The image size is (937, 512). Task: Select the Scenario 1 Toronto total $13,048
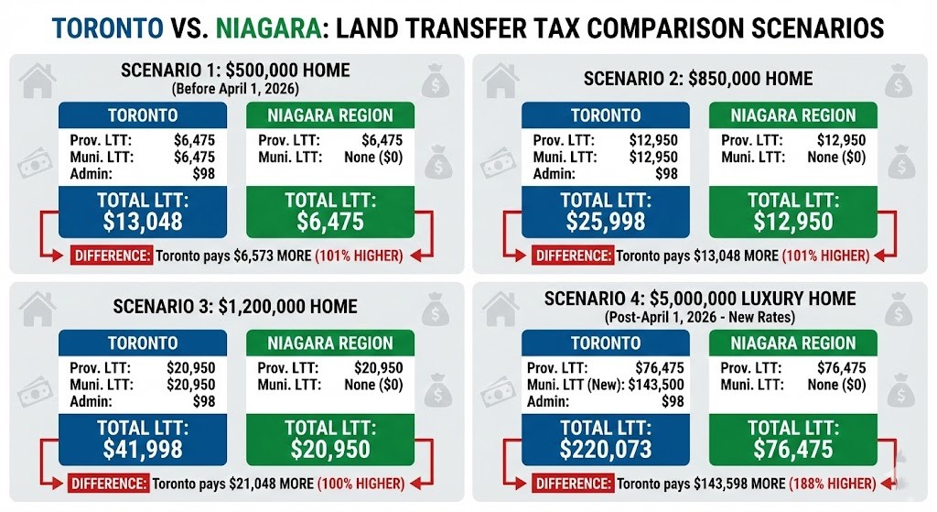tap(143, 222)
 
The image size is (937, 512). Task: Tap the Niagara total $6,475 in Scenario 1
tap(330, 222)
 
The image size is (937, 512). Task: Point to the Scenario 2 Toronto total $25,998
tap(606, 222)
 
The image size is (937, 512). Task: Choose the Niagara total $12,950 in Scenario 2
tap(793, 222)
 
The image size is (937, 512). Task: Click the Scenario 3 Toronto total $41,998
tap(143, 449)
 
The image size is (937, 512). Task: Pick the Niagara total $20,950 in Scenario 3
tap(330, 449)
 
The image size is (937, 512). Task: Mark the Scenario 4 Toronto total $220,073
tap(606, 449)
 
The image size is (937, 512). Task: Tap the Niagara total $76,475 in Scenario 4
tap(793, 449)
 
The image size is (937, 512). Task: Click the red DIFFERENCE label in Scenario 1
tap(112, 256)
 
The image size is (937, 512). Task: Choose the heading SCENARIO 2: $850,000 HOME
tap(698, 79)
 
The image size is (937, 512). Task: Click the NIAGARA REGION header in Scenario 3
tap(330, 343)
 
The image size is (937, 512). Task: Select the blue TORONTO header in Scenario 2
tap(606, 115)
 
